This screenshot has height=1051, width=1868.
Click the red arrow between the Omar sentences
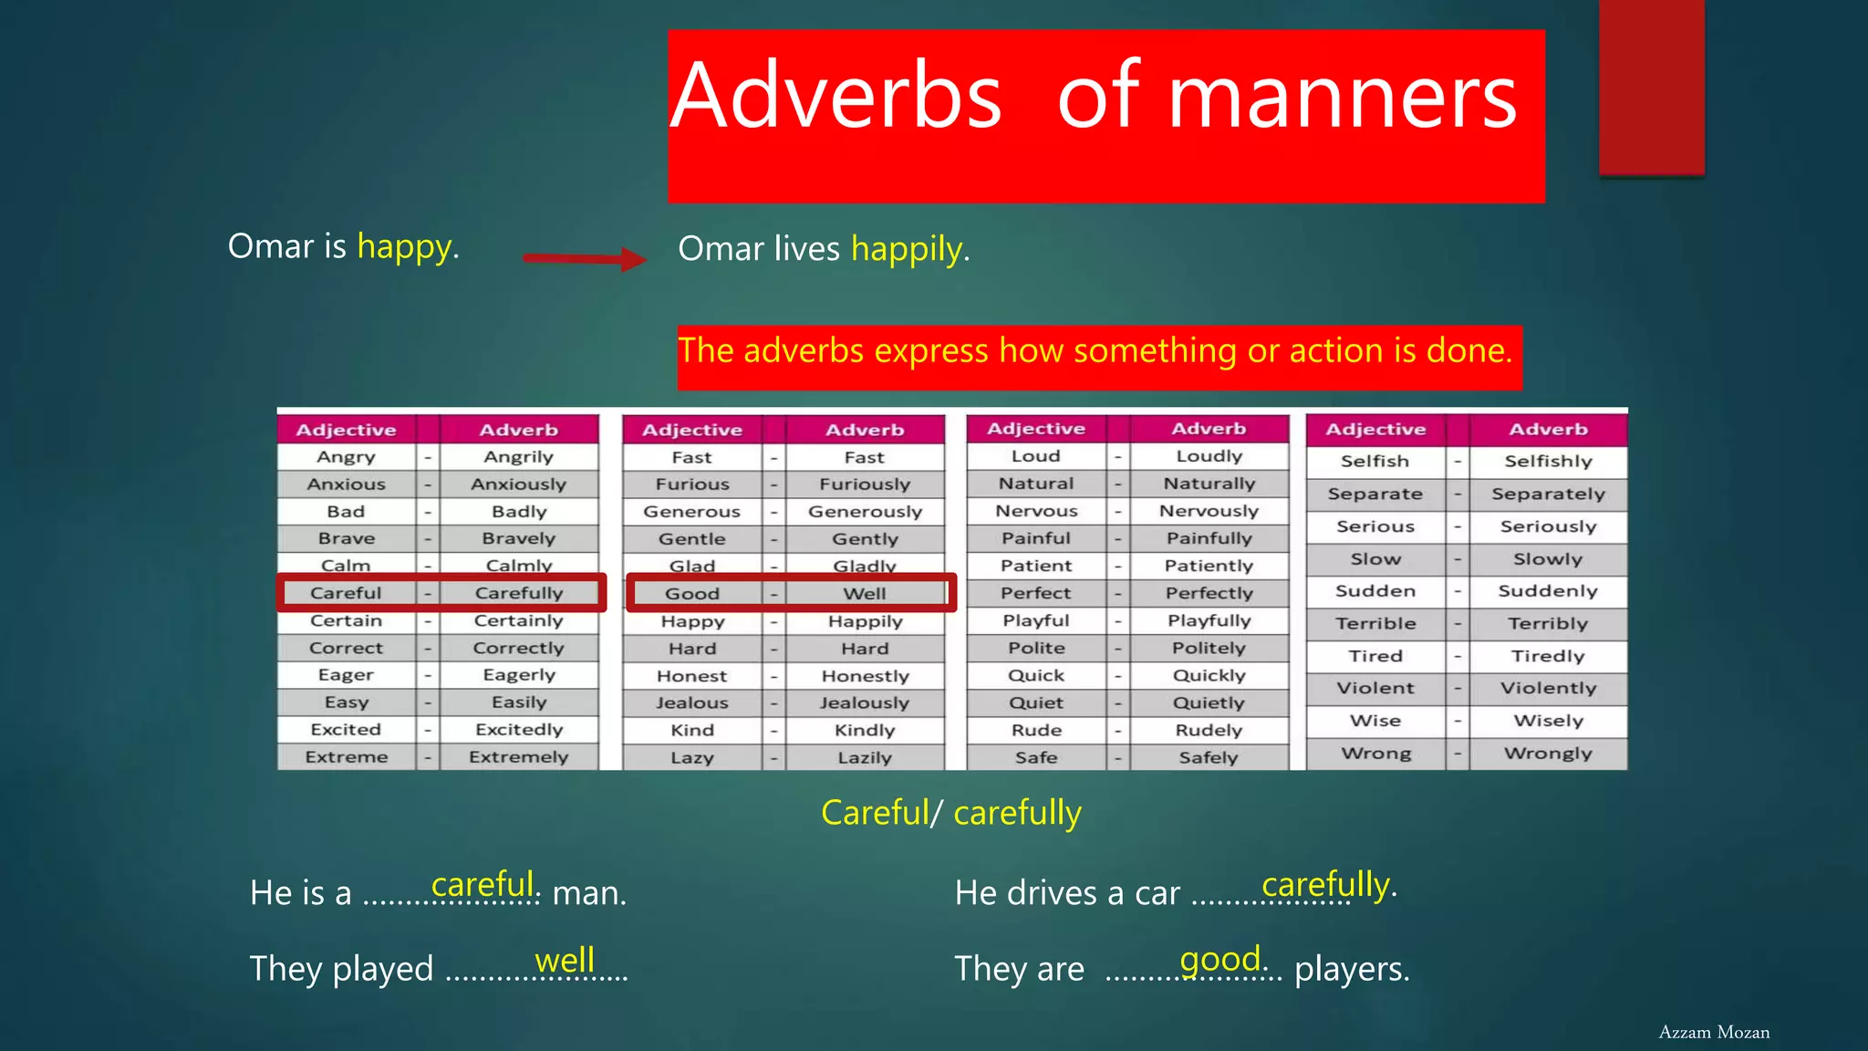(584, 258)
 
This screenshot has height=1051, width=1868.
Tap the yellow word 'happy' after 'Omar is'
(405, 246)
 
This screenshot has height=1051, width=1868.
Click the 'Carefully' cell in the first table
(519, 593)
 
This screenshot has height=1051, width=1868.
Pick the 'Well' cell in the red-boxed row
(864, 594)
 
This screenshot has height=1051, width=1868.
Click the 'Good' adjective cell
(692, 594)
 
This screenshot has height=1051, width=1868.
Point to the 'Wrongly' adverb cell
(1548, 754)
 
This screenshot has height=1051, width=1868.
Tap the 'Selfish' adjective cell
(1375, 462)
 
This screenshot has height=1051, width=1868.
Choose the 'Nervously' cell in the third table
(1209, 511)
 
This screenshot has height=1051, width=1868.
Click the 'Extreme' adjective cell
(347, 757)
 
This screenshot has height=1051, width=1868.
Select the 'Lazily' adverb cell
(864, 758)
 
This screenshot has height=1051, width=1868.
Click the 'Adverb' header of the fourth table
(1548, 430)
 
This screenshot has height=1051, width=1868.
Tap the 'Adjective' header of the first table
(347, 430)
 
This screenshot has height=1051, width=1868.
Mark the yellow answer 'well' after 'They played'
(565, 960)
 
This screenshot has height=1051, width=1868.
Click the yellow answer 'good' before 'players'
(1220, 959)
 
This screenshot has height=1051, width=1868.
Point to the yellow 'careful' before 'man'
(483, 884)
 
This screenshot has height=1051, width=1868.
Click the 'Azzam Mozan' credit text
(1714, 1032)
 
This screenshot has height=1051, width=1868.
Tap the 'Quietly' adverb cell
(1209, 702)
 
